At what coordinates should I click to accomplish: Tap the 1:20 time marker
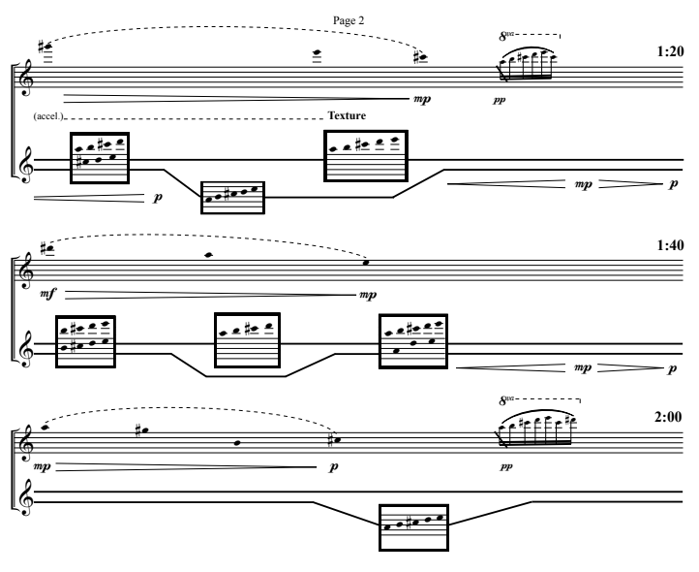click(x=670, y=51)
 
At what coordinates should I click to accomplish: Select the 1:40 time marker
click(x=670, y=246)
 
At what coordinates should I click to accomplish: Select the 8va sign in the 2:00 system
click(x=507, y=400)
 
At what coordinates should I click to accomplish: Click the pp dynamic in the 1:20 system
click(x=500, y=98)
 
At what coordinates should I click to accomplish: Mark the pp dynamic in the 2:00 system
click(x=501, y=465)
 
